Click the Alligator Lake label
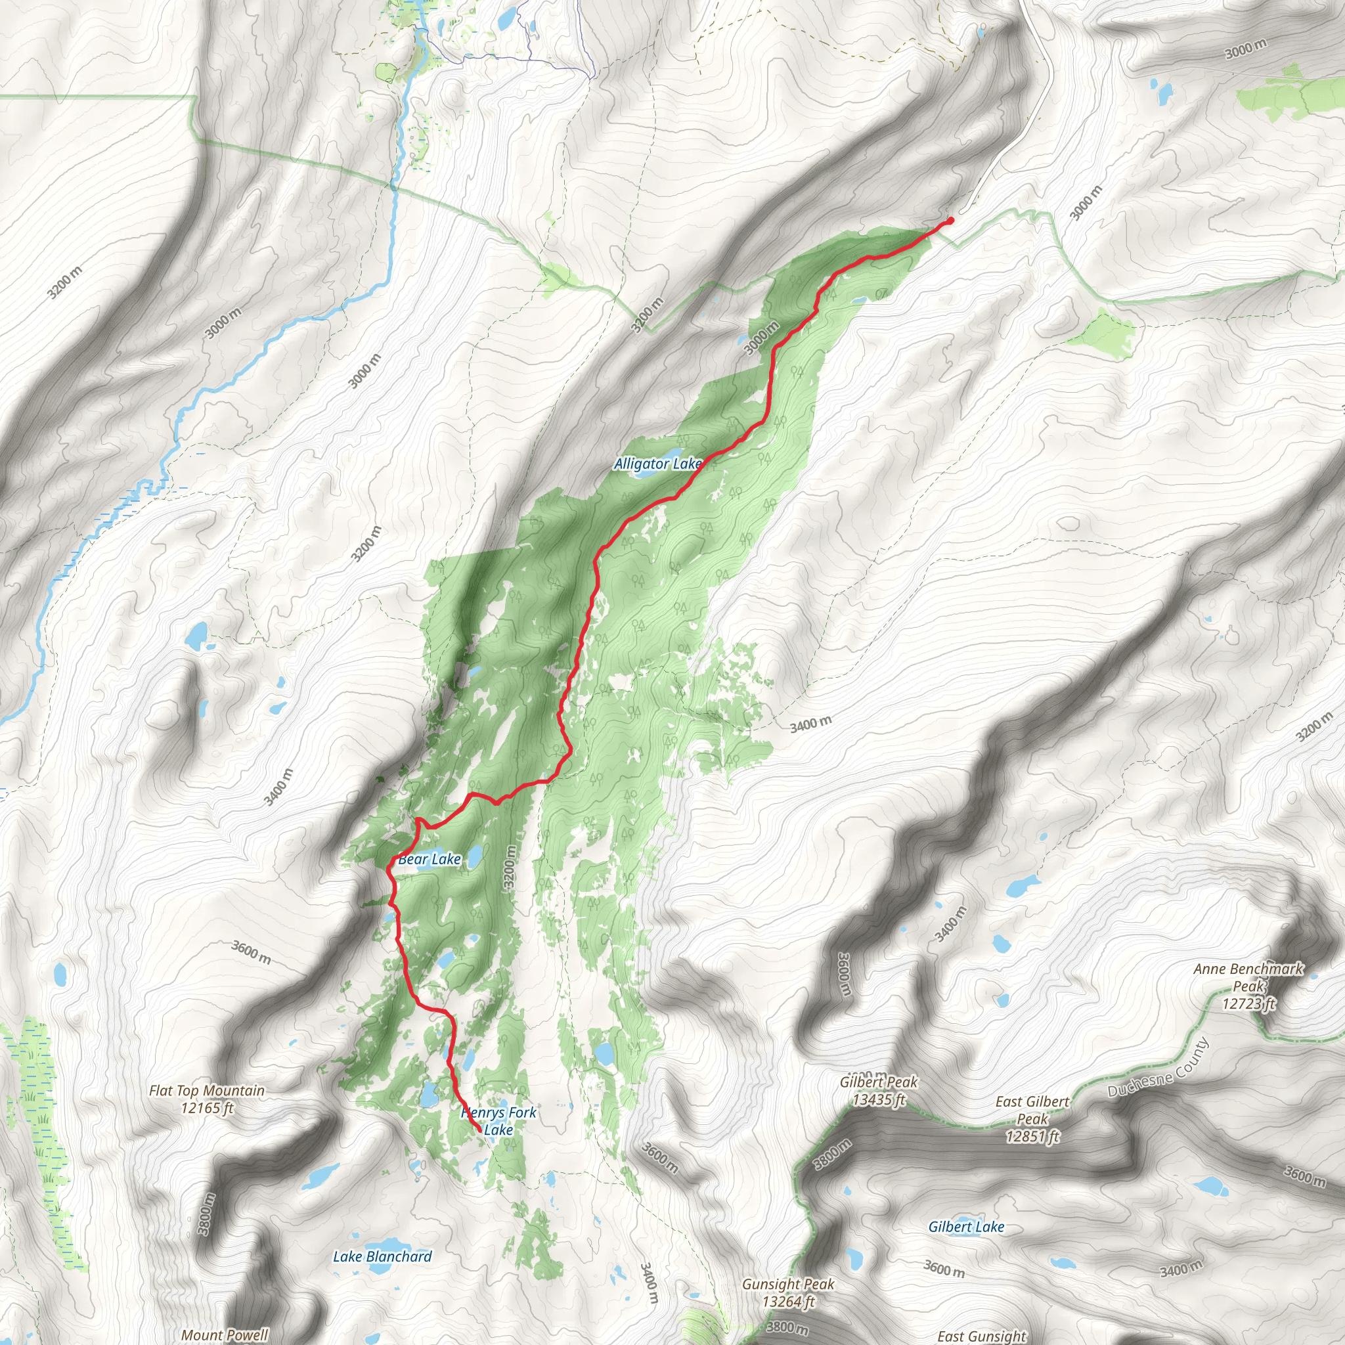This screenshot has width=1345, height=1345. click(657, 464)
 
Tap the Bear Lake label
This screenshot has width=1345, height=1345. click(430, 859)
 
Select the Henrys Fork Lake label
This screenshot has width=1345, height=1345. click(498, 1121)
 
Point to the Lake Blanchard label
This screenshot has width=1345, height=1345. click(382, 1256)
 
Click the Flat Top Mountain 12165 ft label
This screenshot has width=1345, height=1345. click(207, 1099)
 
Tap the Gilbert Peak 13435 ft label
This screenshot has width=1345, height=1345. click(879, 1090)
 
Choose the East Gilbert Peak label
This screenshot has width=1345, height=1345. click(1032, 1118)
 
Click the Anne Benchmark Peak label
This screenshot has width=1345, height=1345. click(1248, 986)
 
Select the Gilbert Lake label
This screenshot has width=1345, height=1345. click(965, 1227)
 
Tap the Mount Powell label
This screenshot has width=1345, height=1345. click(224, 1334)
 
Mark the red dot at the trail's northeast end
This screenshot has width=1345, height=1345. click(950, 221)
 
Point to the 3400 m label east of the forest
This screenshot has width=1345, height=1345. click(810, 725)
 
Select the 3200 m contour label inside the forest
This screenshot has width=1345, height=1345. click(510, 867)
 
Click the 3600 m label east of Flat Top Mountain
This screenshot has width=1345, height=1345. click(252, 952)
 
